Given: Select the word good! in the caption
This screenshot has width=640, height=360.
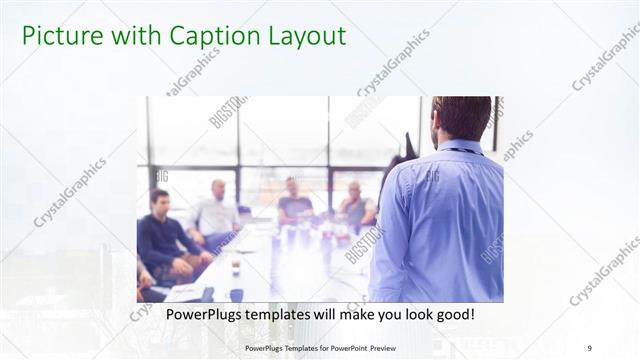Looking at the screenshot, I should [453, 314].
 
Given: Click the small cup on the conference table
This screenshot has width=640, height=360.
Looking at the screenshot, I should [236, 269].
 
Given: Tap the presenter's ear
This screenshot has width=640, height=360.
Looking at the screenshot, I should [439, 126].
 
